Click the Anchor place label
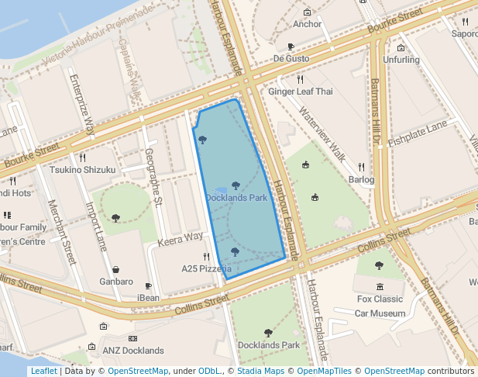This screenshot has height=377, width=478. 308,24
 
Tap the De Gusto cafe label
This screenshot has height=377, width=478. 291,58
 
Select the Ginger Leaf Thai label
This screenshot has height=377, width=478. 300,92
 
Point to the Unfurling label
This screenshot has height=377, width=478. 401,60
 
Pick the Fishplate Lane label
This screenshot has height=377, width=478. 418,133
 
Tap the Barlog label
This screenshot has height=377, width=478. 361,180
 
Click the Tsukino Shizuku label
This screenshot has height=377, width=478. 82,170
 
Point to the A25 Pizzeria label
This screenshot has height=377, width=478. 206,268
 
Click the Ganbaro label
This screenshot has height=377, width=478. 116,282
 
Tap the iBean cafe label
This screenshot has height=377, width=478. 148,298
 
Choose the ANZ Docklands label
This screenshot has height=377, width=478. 133,351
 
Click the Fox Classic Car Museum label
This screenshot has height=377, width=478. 380,306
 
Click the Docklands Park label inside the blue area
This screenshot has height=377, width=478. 236,198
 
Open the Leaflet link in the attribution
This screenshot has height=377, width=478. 43,371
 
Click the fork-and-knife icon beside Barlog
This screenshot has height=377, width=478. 361,167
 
